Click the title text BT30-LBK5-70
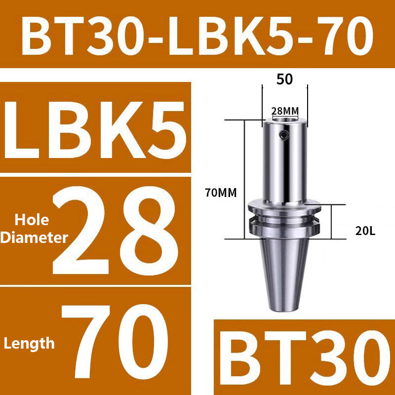[x=197, y=34]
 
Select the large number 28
[x=114, y=231]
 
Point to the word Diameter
[x=34, y=238]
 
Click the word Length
[x=30, y=343]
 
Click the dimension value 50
[x=284, y=79]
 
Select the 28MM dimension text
[x=285, y=111]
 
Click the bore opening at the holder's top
[x=284, y=120]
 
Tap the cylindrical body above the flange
[x=284, y=163]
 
